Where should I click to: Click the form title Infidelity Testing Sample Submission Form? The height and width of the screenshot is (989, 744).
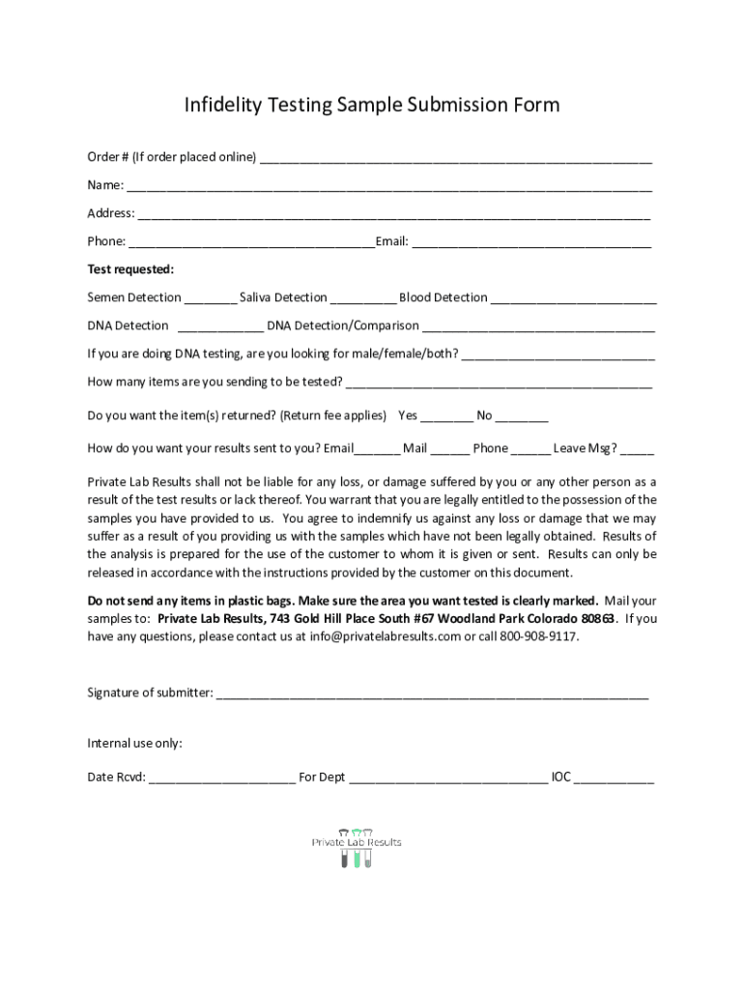point(372,105)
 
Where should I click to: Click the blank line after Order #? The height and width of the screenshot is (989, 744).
point(455,159)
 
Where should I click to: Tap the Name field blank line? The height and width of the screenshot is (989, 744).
point(388,187)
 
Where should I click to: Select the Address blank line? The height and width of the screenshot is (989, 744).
point(394,215)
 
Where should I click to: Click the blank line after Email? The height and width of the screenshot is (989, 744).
point(531,243)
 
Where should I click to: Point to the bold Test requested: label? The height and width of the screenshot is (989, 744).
point(130,269)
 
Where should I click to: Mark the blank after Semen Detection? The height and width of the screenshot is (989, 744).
point(210,299)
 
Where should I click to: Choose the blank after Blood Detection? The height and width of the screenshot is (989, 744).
point(573,299)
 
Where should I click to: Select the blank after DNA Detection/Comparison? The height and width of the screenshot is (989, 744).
point(538,327)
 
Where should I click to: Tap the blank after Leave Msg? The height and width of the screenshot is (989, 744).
point(637,450)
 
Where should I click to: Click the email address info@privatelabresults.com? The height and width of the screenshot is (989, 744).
point(385,637)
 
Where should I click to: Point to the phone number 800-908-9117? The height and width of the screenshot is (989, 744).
point(539,637)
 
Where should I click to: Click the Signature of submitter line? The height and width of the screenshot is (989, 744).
point(432,694)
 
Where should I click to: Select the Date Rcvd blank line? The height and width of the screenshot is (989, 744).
point(221,778)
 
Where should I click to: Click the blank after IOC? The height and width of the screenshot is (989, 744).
point(614,778)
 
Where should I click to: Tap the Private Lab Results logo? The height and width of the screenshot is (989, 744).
point(356,847)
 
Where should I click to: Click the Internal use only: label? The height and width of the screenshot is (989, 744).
point(135,744)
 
